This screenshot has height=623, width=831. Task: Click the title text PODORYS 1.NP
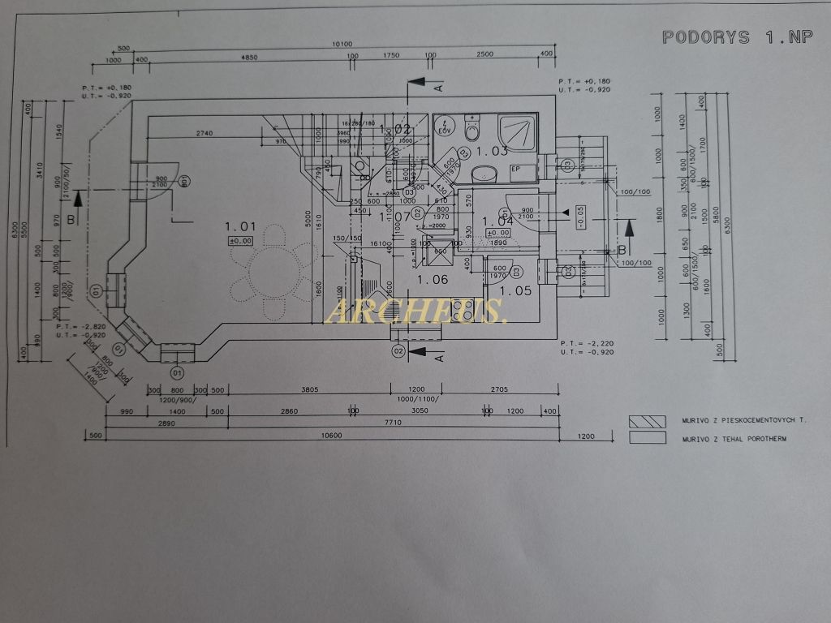pos(737,37)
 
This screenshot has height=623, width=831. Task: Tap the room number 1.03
pos(492,151)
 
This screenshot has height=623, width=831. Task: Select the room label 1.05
pos(515,290)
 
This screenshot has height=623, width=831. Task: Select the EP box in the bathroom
pos(515,170)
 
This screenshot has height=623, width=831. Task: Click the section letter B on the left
pos(71,219)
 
